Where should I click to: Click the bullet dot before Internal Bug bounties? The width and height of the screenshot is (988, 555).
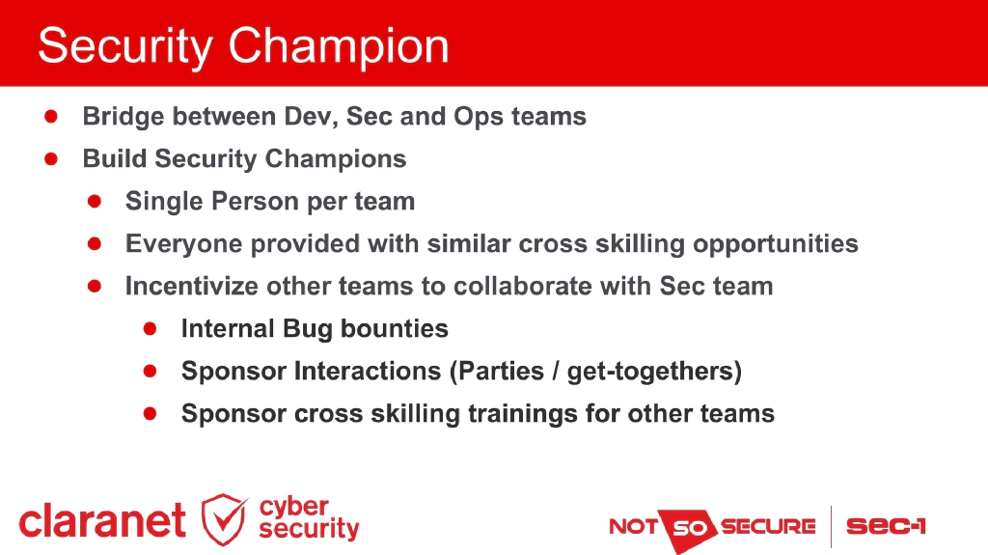150,328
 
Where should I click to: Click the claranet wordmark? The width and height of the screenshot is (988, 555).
102,522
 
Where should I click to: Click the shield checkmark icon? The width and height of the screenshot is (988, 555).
224,519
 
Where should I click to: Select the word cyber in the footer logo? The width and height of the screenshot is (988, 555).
294,507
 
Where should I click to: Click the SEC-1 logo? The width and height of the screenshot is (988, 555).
886,527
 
